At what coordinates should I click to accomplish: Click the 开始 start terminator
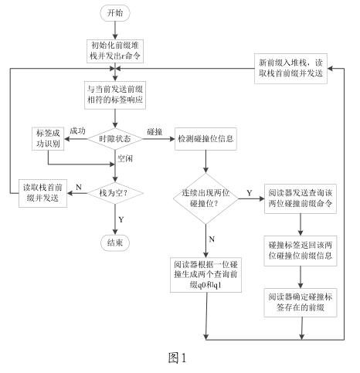pyautogui.click(x=115, y=13)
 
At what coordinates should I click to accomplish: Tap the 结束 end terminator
pyautogui.click(x=115, y=242)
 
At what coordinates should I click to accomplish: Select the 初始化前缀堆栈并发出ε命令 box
pyautogui.click(x=115, y=51)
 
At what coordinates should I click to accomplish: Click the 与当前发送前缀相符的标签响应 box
pyautogui.click(x=115, y=95)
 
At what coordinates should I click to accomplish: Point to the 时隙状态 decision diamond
pyautogui.click(x=115, y=139)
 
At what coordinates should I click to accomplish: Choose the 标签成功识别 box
pyautogui.click(x=48, y=139)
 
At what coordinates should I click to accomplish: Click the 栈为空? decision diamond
pyautogui.click(x=115, y=193)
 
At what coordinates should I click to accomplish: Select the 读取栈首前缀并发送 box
pyautogui.click(x=42, y=193)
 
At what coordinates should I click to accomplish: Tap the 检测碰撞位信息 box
pyautogui.click(x=205, y=139)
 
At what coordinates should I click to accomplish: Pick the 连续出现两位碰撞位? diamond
pyautogui.click(x=205, y=198)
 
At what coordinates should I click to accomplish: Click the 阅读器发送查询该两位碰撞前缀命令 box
pyautogui.click(x=301, y=198)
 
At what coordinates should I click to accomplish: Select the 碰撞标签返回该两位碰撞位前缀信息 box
pyautogui.click(x=301, y=251)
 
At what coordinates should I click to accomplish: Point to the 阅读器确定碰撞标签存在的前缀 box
pyautogui.click(x=301, y=303)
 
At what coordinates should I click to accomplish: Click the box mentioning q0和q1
pyautogui.click(x=205, y=275)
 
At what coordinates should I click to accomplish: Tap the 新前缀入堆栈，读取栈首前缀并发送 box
pyautogui.click(x=290, y=69)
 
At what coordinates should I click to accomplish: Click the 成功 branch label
pyautogui.click(x=77, y=131)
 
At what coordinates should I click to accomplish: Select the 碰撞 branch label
pyautogui.click(x=155, y=132)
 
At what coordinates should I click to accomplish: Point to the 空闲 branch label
pyautogui.click(x=125, y=158)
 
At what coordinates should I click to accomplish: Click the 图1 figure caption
pyautogui.click(x=178, y=358)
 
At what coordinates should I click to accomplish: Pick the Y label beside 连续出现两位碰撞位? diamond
pyautogui.click(x=250, y=193)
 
